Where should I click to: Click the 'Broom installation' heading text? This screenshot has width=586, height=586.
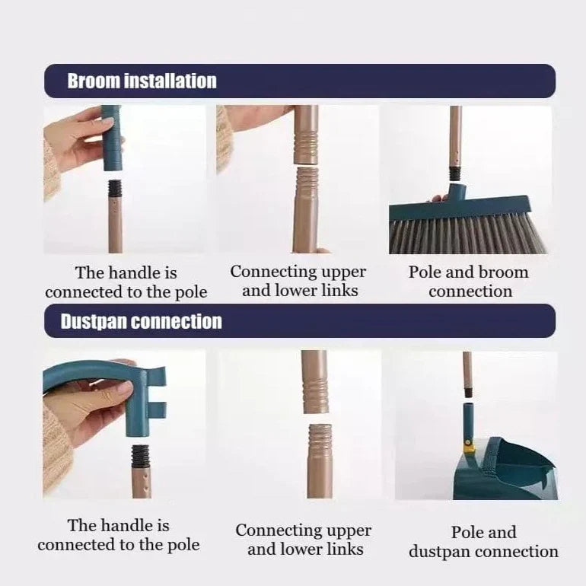(142, 81)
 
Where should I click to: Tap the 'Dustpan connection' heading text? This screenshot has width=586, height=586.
(141, 321)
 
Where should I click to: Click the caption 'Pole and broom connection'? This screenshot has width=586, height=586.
(468, 282)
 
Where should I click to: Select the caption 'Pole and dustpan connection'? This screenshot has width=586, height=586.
(483, 542)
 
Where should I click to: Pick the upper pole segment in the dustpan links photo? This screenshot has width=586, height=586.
(314, 381)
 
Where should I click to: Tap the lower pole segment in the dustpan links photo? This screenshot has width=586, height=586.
(319, 460)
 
